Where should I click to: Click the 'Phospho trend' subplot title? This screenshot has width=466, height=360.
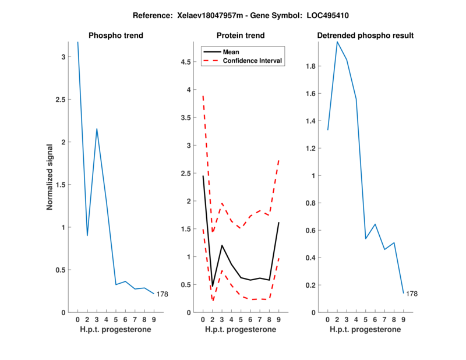click(115, 36)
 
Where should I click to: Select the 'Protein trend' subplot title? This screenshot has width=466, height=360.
click(241, 36)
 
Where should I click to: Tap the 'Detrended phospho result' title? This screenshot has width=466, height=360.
click(365, 36)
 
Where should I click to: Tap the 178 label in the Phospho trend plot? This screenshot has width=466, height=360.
click(162, 294)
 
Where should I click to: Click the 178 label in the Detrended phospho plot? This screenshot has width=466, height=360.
click(412, 294)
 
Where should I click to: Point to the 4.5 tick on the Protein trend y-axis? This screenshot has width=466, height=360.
click(186, 62)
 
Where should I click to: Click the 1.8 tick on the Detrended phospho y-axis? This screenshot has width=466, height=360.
click(312, 66)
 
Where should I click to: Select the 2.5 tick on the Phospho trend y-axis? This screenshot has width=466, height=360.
click(61, 100)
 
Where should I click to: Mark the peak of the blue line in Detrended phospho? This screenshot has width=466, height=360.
click(337, 41)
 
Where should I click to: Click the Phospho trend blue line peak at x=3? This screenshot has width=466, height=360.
click(97, 129)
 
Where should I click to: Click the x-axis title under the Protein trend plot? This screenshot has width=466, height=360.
click(241, 329)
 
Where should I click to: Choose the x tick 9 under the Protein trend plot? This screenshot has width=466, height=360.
click(279, 319)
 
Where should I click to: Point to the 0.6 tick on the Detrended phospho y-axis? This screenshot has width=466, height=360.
click(312, 230)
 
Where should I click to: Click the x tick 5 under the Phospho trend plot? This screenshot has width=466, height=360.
click(116, 319)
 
